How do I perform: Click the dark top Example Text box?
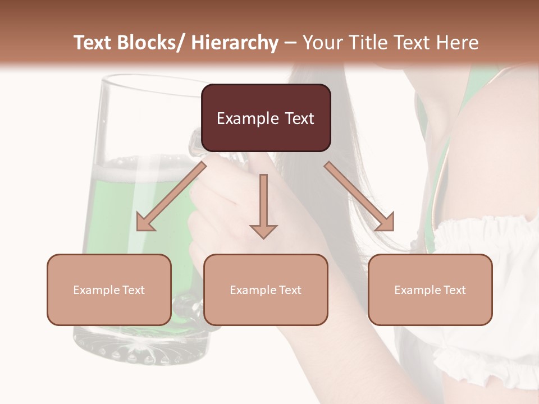click(x=266, y=118)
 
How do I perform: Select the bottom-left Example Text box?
click(x=109, y=290)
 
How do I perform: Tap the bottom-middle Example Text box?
click(x=266, y=290)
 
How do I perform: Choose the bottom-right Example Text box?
click(x=430, y=290)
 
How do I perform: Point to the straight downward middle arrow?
click(x=263, y=208)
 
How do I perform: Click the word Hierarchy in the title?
click(x=235, y=43)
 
